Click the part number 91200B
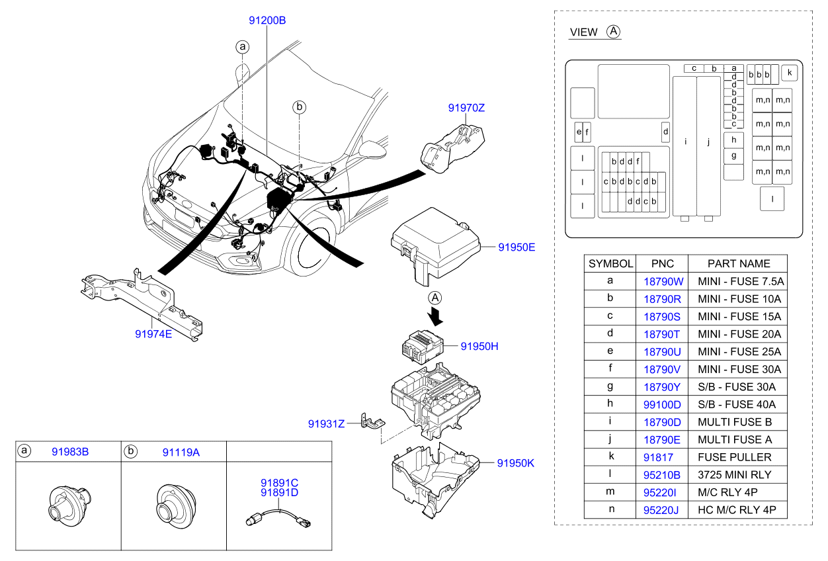pyautogui.click(x=267, y=21)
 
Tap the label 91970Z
pyautogui.click(x=466, y=108)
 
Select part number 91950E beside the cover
pyautogui.click(x=517, y=247)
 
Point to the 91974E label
pyautogui.click(x=153, y=334)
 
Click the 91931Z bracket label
pyautogui.click(x=326, y=424)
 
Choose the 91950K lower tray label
pyautogui.click(x=515, y=463)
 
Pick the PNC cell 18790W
pyautogui.click(x=663, y=282)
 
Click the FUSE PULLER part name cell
pyautogui.click(x=735, y=457)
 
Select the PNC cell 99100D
pyautogui.click(x=662, y=405)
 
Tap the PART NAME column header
pyautogui.click(x=739, y=264)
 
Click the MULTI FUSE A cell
pyautogui.click(x=735, y=440)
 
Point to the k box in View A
pyautogui.click(x=789, y=73)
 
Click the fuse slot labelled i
pyautogui.click(x=684, y=146)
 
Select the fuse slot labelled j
pyautogui.click(x=708, y=146)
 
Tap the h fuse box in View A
pyautogui.click(x=733, y=140)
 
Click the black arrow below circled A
pyautogui.click(x=435, y=318)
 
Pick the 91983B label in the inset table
pyautogui.click(x=70, y=452)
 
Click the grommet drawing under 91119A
pyautogui.click(x=176, y=506)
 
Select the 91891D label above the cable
pyautogui.click(x=280, y=493)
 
